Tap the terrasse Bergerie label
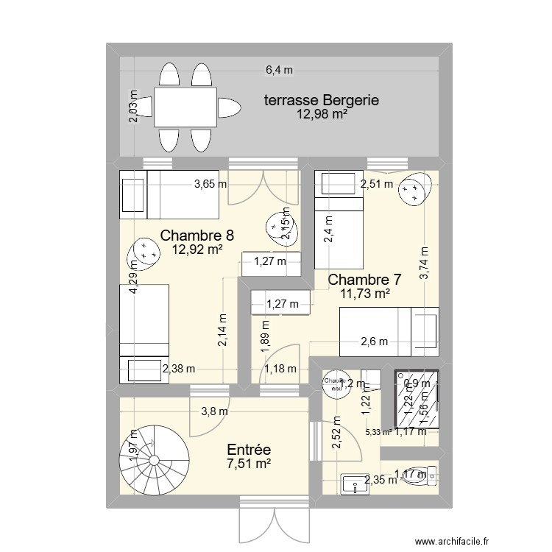point(322,101)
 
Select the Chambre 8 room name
point(197,236)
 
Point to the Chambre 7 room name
point(364,280)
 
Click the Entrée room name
point(249,449)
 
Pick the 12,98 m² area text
point(322,114)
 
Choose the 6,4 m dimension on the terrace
point(279,71)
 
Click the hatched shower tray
point(417,398)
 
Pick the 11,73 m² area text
point(364,294)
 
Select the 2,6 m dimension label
point(374,341)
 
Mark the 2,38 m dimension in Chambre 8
point(179,369)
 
